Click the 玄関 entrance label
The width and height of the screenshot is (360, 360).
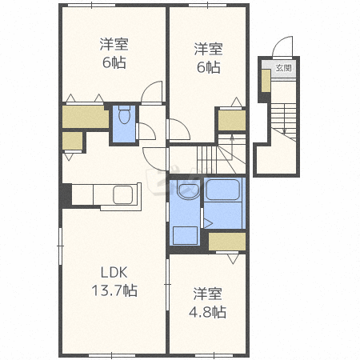pyautogui.click(x=283, y=68)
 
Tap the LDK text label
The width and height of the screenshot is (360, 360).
pyautogui.click(x=114, y=273)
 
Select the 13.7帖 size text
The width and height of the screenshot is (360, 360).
pyautogui.click(x=114, y=290)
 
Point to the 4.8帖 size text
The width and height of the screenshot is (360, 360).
pyautogui.click(x=208, y=312)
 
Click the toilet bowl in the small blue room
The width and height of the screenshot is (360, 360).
pyautogui.click(x=124, y=115)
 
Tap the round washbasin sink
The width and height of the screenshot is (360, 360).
pyautogui.click(x=188, y=190)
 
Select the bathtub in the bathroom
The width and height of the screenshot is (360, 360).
pyautogui.click(x=222, y=190)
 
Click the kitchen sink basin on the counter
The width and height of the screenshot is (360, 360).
pyautogui.click(x=123, y=194)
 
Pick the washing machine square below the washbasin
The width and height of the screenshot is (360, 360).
pyautogui.click(x=186, y=235)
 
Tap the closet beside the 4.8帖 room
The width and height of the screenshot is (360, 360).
pyautogui.click(x=227, y=242)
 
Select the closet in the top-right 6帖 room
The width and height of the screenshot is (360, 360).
pyautogui.click(x=232, y=120)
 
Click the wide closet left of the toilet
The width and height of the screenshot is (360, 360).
pyautogui.click(x=86, y=117)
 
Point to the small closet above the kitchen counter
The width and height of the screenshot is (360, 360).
pyautogui.click(x=72, y=141)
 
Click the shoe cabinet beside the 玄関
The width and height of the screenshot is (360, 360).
pyautogui.click(x=266, y=81)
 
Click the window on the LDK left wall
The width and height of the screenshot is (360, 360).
pyautogui.click(x=61, y=246)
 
